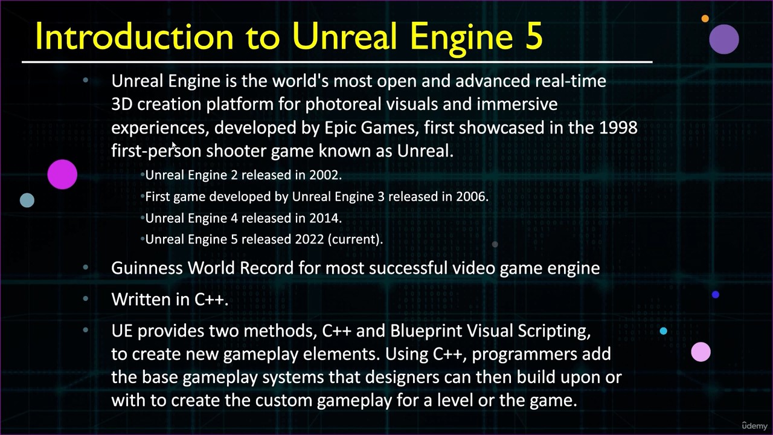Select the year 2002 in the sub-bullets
point(326,175)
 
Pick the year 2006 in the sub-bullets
point(472,196)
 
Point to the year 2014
point(326,218)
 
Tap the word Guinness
point(147,268)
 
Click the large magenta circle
point(62,175)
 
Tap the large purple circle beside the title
point(724,39)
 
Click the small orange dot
point(705,19)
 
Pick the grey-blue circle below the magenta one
point(27,200)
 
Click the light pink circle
point(701,352)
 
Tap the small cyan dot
point(663,331)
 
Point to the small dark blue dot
point(716,294)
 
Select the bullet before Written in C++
point(86,298)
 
